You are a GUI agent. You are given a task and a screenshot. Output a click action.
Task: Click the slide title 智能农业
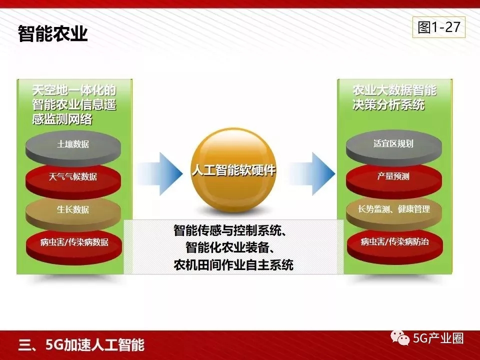coord(53,33)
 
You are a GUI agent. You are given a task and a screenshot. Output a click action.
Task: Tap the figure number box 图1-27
coord(438,27)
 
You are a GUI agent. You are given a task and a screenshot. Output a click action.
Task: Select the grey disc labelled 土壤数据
coord(73,148)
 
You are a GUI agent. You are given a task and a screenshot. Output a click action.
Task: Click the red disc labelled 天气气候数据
coord(73,181)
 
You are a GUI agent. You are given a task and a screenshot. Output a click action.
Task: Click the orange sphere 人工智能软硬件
coord(233,170)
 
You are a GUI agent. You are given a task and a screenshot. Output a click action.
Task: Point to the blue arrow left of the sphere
coord(160,173)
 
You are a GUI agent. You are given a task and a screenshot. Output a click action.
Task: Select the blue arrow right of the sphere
coord(312,173)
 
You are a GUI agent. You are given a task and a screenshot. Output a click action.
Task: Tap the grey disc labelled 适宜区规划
coord(394,147)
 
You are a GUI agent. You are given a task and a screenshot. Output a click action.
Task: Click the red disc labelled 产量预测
coord(394,180)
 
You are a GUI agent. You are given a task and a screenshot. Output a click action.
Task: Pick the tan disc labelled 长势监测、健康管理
coord(394,213)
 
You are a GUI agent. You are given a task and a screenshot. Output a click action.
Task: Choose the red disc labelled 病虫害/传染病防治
coord(394,246)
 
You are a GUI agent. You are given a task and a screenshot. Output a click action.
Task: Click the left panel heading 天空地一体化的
coord(74,90)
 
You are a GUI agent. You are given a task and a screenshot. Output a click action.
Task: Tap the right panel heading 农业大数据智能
coord(394,90)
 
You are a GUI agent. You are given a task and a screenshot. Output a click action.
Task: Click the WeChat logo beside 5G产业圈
coord(400,338)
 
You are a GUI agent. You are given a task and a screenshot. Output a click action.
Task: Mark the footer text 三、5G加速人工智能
coord(81,344)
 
